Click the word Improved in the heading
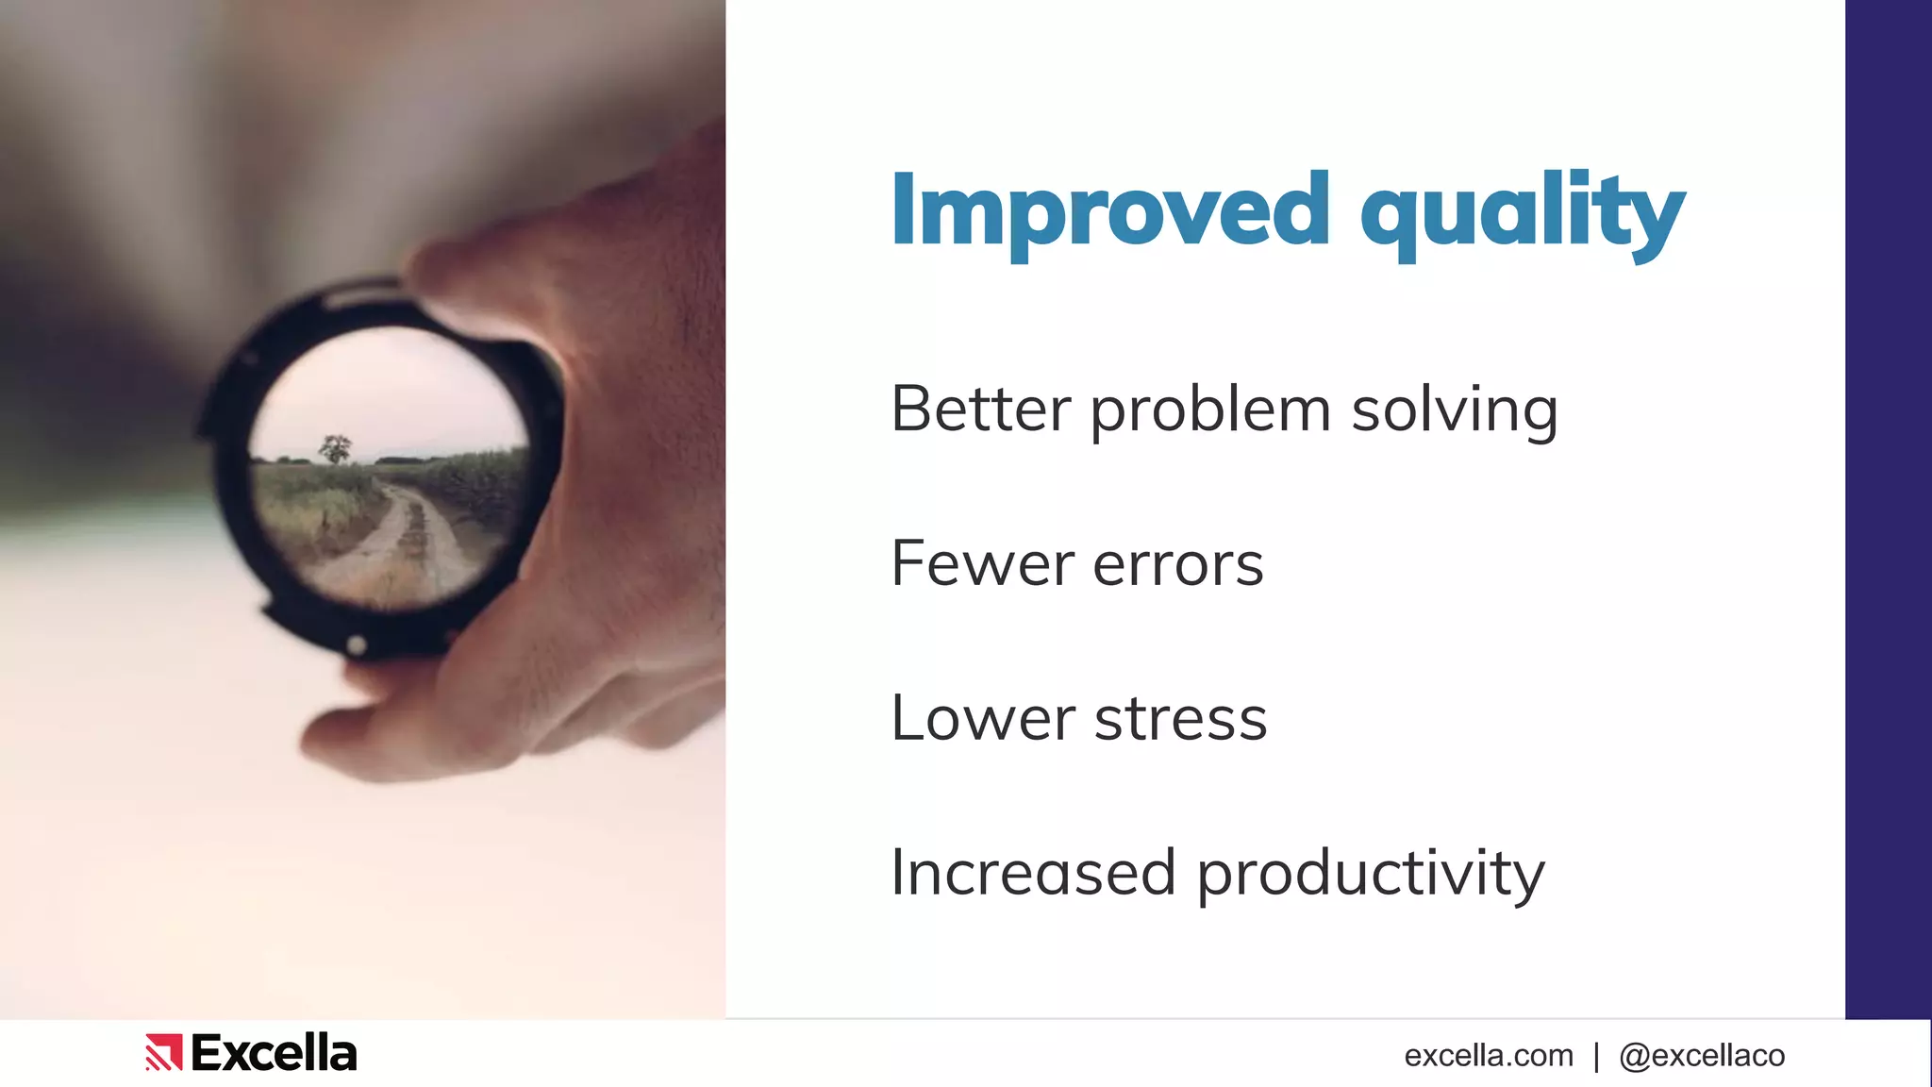1109,211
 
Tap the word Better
981,410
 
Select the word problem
1209,411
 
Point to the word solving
1454,411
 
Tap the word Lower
981,719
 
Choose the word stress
1180,720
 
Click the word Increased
1033,873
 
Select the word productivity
1370,875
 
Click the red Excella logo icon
163,1052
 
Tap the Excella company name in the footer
274,1053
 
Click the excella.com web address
1488,1055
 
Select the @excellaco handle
1701,1055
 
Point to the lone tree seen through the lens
335,448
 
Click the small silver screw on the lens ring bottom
357,645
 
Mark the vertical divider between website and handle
1596,1055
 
